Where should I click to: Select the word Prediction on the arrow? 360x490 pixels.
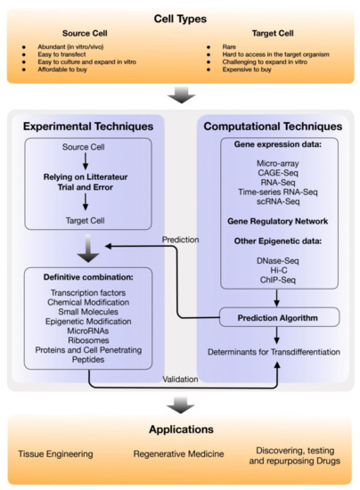click(182, 239)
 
